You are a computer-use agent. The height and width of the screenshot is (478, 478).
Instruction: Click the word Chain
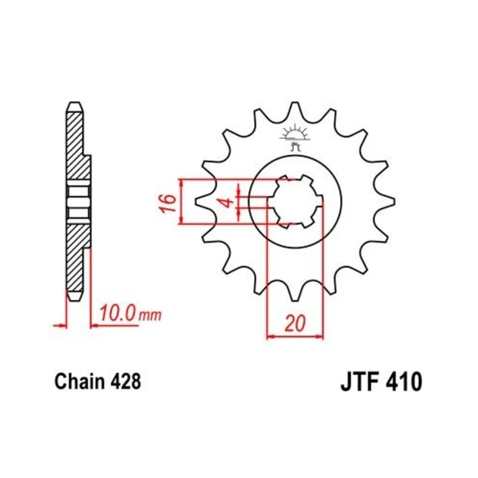click(x=79, y=381)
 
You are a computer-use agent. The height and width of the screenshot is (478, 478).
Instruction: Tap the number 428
click(x=125, y=381)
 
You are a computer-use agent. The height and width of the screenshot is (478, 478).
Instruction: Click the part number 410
click(x=404, y=381)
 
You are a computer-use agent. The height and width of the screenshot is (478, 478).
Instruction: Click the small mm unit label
click(x=150, y=316)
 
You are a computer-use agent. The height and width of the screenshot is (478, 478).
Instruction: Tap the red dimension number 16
click(x=168, y=203)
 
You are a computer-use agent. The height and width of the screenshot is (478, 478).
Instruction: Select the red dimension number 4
click(x=226, y=202)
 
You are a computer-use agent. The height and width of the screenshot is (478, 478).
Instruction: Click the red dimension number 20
click(x=295, y=323)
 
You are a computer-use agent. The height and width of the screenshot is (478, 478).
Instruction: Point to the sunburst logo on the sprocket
click(x=295, y=137)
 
